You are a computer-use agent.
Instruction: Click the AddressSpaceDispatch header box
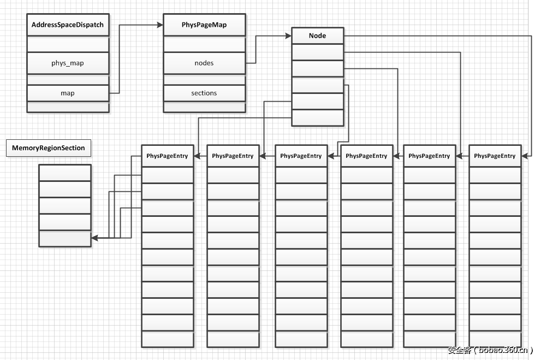[68, 25]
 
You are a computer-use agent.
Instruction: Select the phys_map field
[68, 63]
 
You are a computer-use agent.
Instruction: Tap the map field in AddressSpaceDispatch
[68, 93]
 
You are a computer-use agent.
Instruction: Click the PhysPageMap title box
[204, 25]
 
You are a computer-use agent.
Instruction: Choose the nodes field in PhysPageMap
[204, 63]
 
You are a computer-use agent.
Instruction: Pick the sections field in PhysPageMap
[204, 93]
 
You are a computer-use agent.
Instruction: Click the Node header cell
[318, 36]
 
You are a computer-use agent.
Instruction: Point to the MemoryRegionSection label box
[49, 148]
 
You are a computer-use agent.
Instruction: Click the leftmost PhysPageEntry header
[167, 156]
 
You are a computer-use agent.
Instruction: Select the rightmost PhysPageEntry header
[495, 156]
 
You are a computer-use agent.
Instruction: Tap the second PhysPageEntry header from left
[233, 156]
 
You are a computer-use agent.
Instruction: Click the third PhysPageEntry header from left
[301, 156]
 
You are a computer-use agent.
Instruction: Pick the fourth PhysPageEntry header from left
[366, 156]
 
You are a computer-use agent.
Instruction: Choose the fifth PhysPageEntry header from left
[429, 156]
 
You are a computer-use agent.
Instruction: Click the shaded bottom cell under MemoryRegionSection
[65, 238]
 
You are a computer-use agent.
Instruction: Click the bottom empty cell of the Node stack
[318, 118]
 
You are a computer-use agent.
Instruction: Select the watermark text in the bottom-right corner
[490, 350]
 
